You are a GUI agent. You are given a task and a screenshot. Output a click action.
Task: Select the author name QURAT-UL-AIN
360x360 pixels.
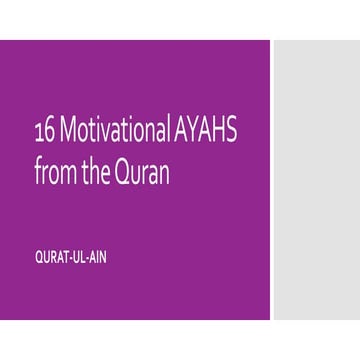click(69, 257)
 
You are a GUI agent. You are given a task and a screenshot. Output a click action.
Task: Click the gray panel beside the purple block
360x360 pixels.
click(315, 180)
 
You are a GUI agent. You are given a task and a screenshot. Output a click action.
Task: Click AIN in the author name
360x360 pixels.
click(96, 257)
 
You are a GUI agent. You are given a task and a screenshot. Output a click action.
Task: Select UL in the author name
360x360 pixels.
click(76, 257)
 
